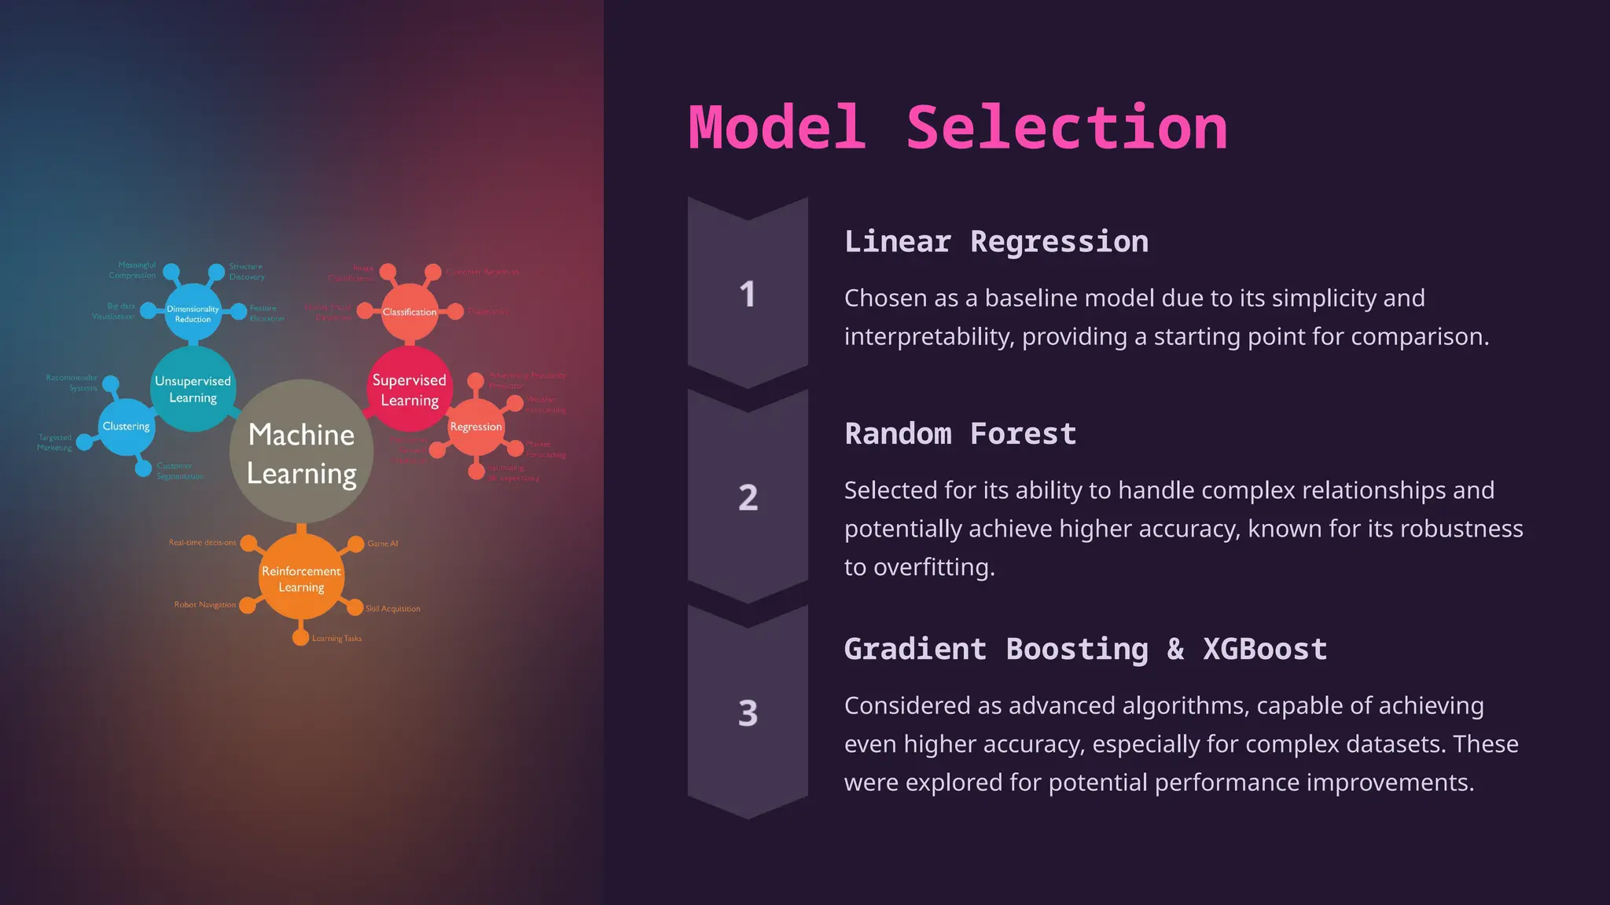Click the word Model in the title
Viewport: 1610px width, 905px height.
click(x=777, y=128)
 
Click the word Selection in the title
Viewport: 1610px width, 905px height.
click(x=1067, y=128)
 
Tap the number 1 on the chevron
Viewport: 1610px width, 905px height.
click(x=747, y=295)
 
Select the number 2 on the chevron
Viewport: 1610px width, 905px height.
click(x=748, y=498)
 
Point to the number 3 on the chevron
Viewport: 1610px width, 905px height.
click(x=748, y=713)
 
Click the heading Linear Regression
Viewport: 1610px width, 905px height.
click(x=996, y=242)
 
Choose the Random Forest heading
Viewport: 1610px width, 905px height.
click(x=960, y=434)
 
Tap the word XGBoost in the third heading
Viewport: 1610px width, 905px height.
click(x=1265, y=650)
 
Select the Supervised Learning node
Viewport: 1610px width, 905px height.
click(x=409, y=390)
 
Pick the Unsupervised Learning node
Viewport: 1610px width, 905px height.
click(x=193, y=390)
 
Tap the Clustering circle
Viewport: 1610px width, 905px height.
click(x=126, y=427)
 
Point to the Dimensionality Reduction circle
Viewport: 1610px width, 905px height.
click(x=193, y=313)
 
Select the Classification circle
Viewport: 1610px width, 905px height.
click(x=409, y=312)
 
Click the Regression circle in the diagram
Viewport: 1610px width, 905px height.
click(x=476, y=427)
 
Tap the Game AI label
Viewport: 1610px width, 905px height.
click(x=383, y=544)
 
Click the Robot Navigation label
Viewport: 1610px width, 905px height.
click(x=204, y=605)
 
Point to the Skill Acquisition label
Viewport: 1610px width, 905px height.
click(x=393, y=609)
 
